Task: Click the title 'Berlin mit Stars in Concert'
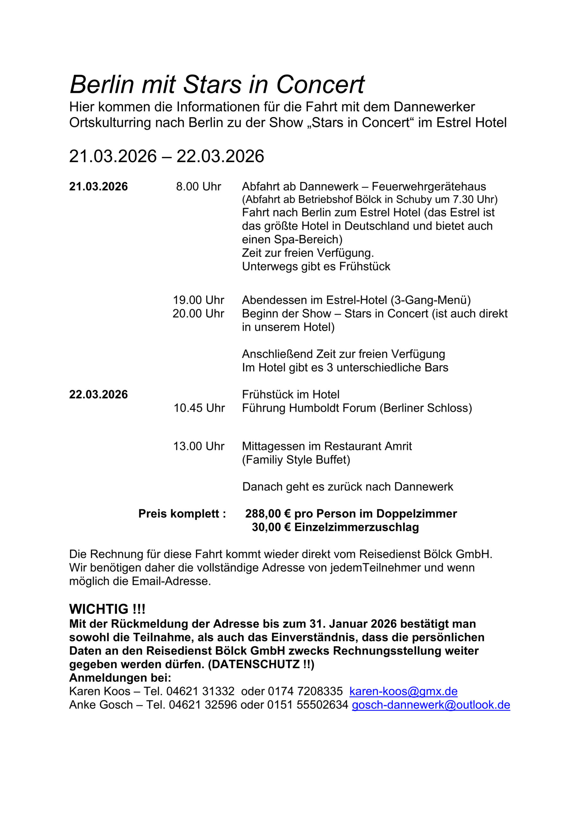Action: [217, 85]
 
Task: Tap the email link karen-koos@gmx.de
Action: [403, 691]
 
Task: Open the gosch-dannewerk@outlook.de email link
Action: [431, 705]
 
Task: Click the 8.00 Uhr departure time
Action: [198, 187]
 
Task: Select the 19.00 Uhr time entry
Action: [198, 300]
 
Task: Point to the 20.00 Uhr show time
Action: [198, 314]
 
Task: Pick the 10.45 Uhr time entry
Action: [199, 408]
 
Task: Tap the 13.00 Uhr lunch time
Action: [199, 446]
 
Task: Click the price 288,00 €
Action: [268, 514]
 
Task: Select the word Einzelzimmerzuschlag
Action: [357, 527]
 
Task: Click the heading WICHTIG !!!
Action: [107, 609]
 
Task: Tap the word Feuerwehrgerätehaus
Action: [429, 187]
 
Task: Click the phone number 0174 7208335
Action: [305, 691]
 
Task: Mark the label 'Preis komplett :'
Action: [182, 514]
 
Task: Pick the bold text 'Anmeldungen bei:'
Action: [120, 678]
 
